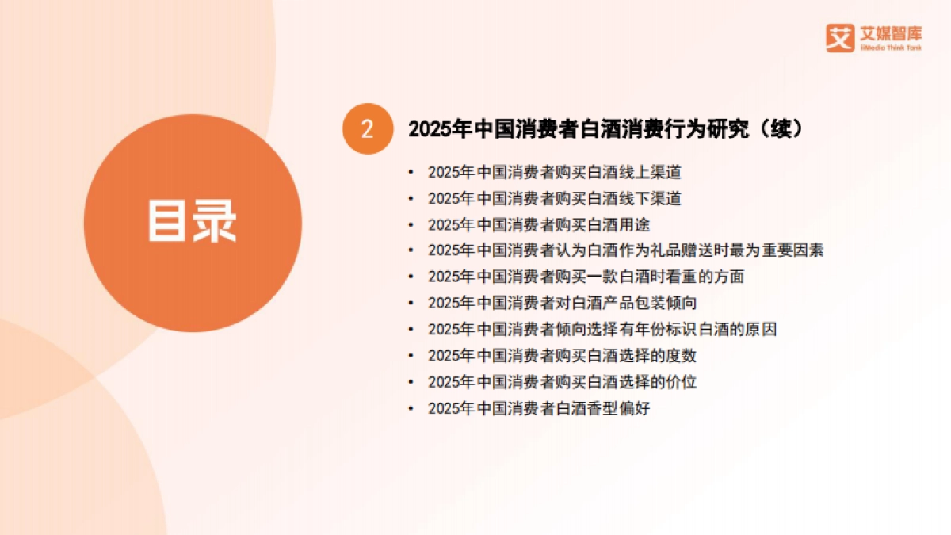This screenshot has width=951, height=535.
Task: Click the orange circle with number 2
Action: [x=367, y=129]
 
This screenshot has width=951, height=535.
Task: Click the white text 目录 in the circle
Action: [x=193, y=221]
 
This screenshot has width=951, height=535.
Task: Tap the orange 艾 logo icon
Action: [x=839, y=37]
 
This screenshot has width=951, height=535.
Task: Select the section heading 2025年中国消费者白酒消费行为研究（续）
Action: [x=605, y=129]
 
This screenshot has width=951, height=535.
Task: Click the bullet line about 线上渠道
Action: [x=554, y=172]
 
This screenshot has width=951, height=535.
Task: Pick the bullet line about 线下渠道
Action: [x=554, y=198]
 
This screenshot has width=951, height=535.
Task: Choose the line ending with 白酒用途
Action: [x=539, y=224]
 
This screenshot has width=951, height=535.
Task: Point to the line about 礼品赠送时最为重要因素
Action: [x=625, y=250]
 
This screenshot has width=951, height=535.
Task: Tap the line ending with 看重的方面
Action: [x=586, y=277]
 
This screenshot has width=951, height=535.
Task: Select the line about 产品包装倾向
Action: [x=562, y=303]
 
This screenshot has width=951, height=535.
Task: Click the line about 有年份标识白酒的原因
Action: [x=602, y=329]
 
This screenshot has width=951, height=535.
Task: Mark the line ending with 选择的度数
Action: [x=562, y=355]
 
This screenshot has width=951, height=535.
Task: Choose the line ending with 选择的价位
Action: [x=562, y=381]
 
